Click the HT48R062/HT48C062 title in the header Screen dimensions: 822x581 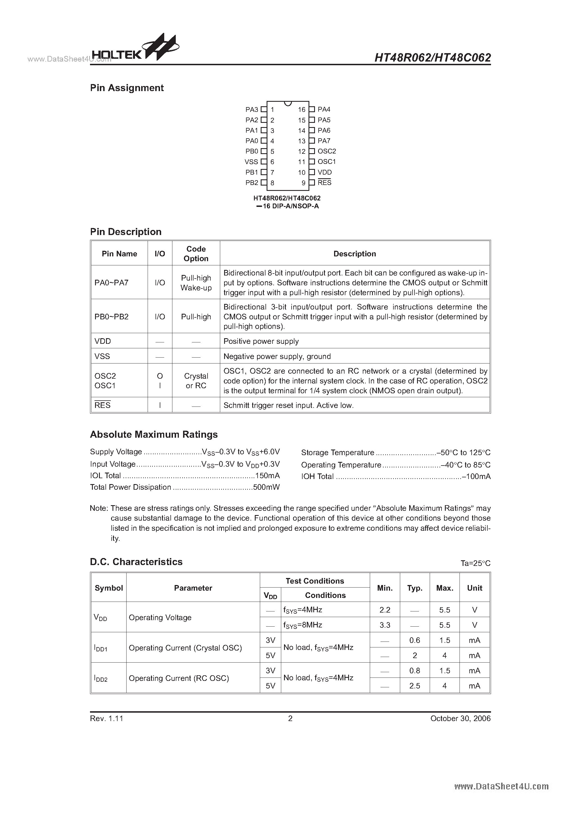coord(432,57)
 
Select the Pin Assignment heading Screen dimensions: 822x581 coord(127,88)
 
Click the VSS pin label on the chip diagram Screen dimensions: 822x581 coord(251,162)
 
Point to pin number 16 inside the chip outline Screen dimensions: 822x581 coord(301,110)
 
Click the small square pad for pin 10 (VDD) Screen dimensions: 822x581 coord(312,172)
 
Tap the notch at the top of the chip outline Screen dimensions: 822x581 coord(287,103)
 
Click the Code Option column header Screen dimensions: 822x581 coord(196,254)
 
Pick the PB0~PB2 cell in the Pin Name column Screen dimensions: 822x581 coord(111,317)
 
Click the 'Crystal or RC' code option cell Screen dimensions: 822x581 coord(196,381)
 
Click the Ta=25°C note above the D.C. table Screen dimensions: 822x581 coord(475,563)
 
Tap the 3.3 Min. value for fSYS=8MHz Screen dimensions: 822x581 coord(385,625)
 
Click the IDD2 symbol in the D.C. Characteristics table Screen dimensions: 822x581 coord(101,678)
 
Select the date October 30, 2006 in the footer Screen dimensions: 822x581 coord(460,719)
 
